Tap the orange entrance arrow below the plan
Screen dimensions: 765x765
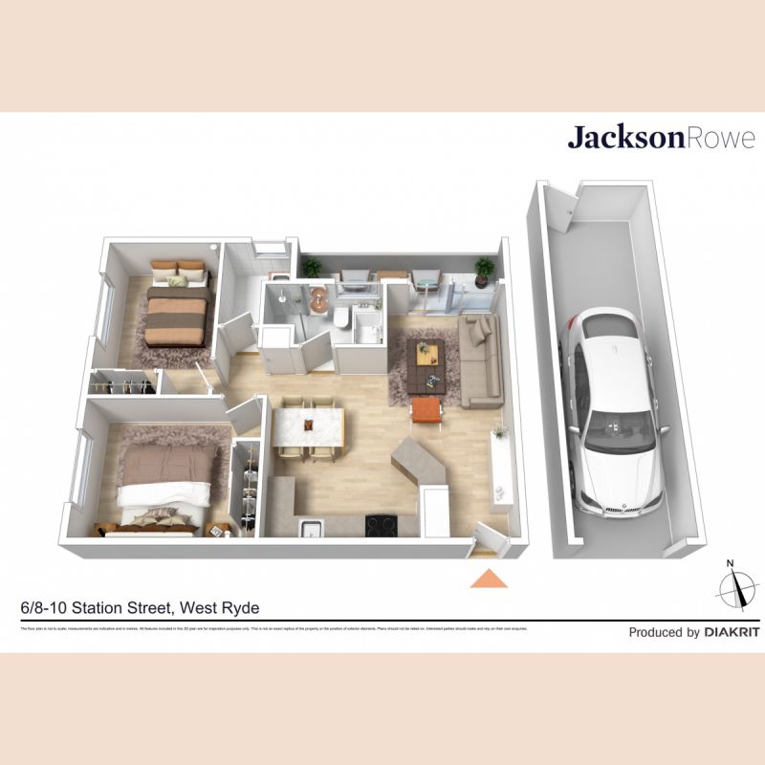488,578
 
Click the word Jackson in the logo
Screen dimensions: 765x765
626,138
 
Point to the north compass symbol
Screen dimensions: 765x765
733,585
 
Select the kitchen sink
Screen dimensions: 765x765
311,529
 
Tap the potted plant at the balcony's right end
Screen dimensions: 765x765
486,268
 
